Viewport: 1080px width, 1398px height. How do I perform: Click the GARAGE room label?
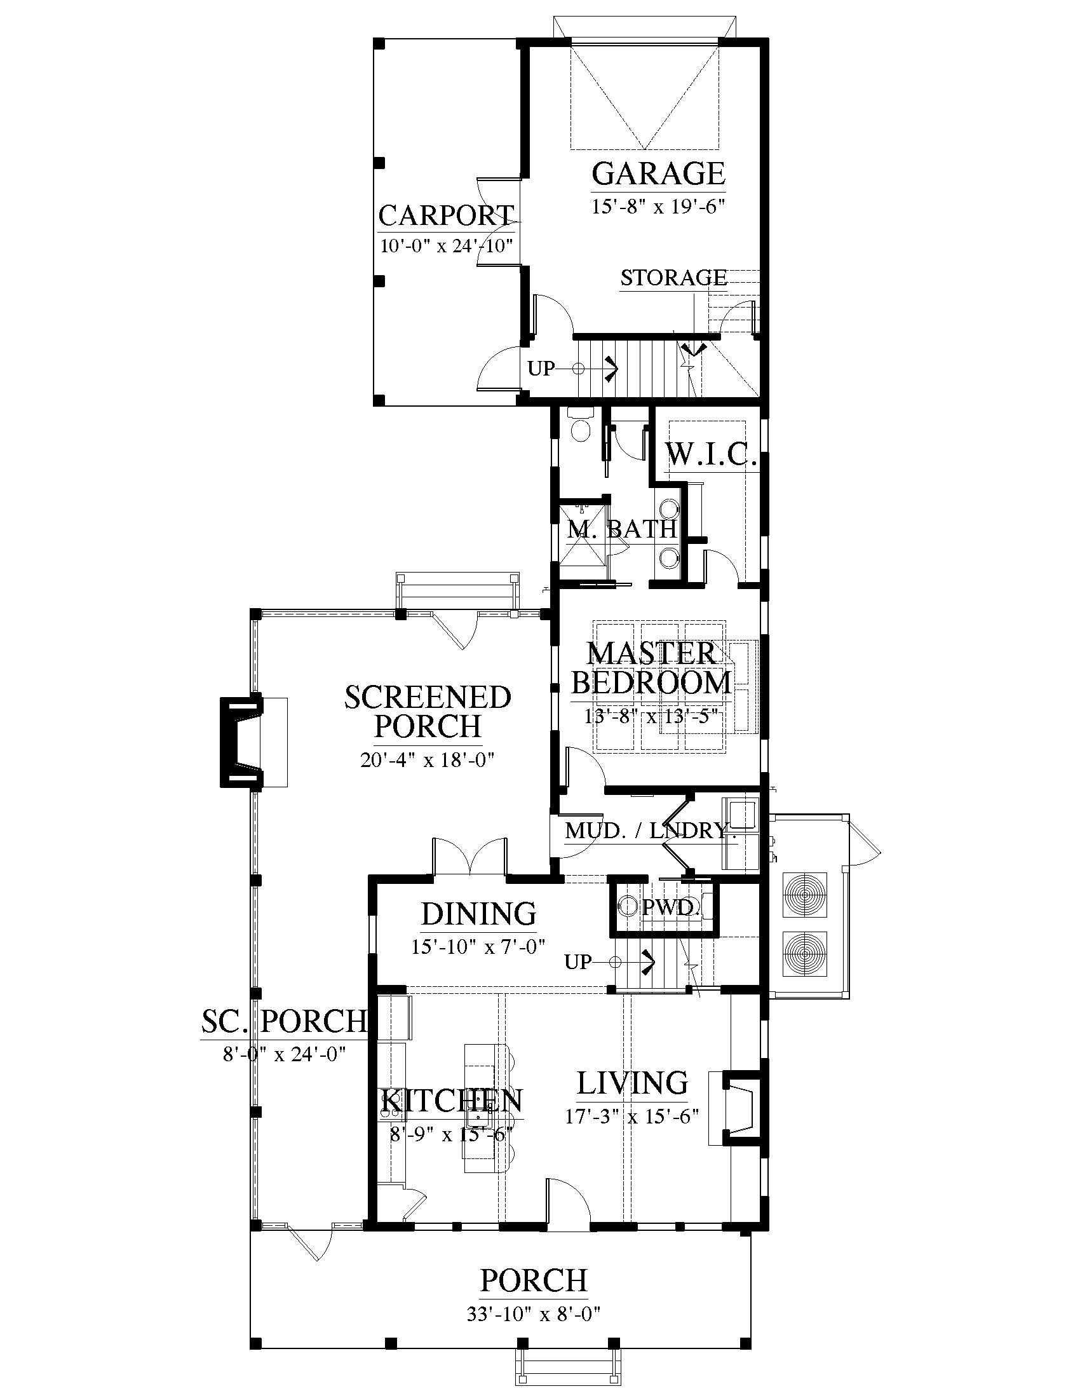[658, 173]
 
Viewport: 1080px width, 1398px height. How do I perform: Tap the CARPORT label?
[447, 215]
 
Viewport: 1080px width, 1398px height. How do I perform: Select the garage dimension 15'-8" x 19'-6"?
[658, 207]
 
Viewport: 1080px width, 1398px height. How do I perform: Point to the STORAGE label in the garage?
[673, 278]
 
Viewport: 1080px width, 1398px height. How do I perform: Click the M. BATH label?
[622, 529]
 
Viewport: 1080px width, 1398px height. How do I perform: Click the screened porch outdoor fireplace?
[242, 741]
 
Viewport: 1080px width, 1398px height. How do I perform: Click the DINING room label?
[478, 914]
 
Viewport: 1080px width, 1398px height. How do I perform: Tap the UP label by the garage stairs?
[541, 369]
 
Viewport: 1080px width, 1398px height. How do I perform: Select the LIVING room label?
[632, 1082]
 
